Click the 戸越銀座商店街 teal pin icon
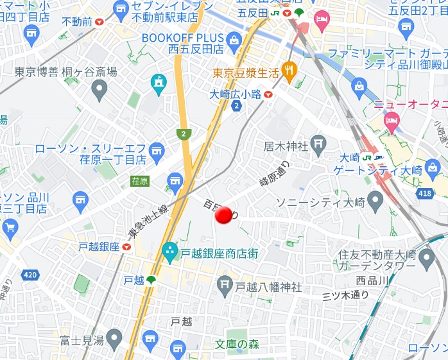(x=170, y=252)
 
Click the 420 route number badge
(x=30, y=275)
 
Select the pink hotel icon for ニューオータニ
(x=392, y=119)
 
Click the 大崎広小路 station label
(x=236, y=94)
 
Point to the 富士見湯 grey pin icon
(x=114, y=336)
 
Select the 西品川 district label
(x=372, y=280)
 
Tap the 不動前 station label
(x=78, y=22)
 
